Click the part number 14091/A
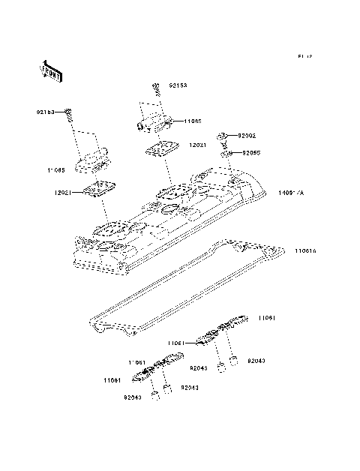[291, 193]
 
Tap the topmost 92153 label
[177, 85]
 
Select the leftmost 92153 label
[46, 112]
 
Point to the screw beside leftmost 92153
[68, 114]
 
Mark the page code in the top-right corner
[304, 56]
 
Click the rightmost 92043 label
[255, 361]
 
